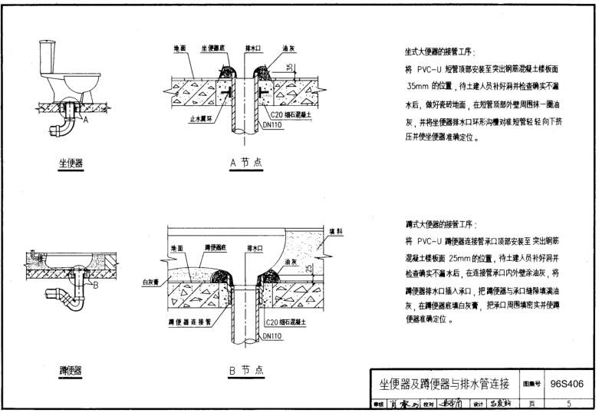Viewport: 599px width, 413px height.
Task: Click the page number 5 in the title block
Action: [568, 404]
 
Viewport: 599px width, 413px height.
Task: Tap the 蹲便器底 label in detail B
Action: [216, 248]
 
